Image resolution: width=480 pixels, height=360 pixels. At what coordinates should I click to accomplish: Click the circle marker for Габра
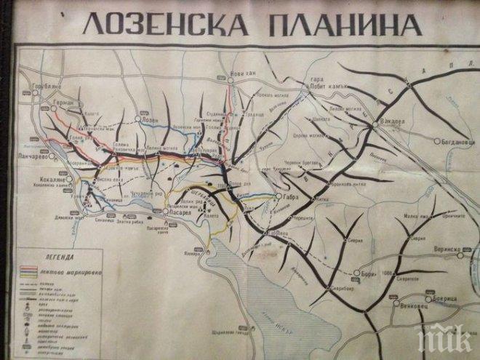click(x=276, y=196)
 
